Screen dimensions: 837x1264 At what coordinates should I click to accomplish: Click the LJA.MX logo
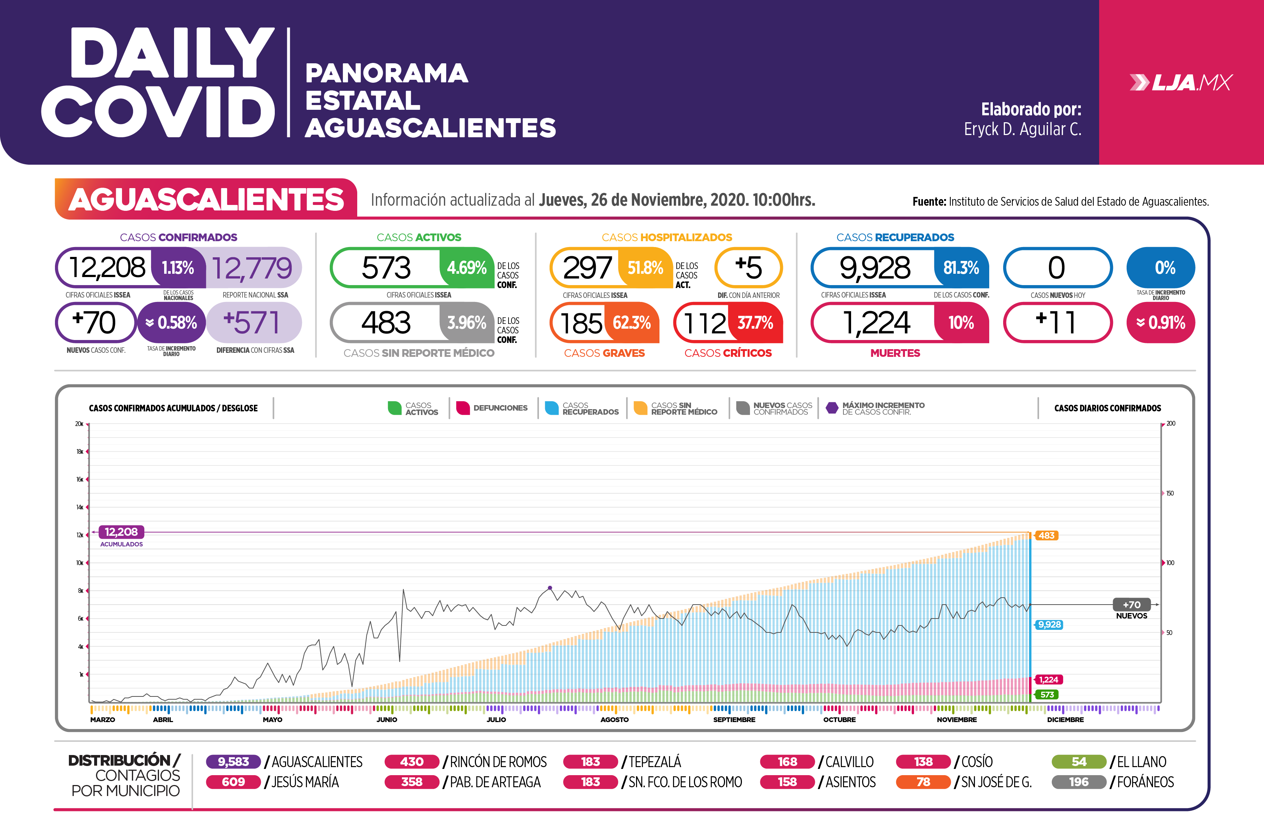(1181, 83)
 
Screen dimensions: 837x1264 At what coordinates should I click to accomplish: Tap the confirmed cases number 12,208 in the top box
(107, 268)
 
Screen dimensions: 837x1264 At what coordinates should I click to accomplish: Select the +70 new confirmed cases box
(95, 322)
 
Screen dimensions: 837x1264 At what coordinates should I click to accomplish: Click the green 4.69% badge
(466, 268)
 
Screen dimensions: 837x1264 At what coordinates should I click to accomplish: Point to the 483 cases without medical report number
(386, 322)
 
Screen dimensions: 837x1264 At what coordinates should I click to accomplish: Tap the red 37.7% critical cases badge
(755, 322)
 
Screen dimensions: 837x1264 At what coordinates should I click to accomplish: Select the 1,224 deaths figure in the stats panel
(876, 323)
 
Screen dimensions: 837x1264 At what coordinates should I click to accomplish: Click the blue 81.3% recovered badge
(961, 268)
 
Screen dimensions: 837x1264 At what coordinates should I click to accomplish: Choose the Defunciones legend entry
(492, 408)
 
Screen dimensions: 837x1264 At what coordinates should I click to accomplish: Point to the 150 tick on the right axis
(1169, 493)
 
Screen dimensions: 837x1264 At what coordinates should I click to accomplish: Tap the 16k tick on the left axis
(80, 479)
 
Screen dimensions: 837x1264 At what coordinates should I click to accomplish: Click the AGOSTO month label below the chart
(614, 720)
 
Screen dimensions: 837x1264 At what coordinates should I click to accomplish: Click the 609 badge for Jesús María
(233, 782)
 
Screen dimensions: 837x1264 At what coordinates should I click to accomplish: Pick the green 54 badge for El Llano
(1079, 762)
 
